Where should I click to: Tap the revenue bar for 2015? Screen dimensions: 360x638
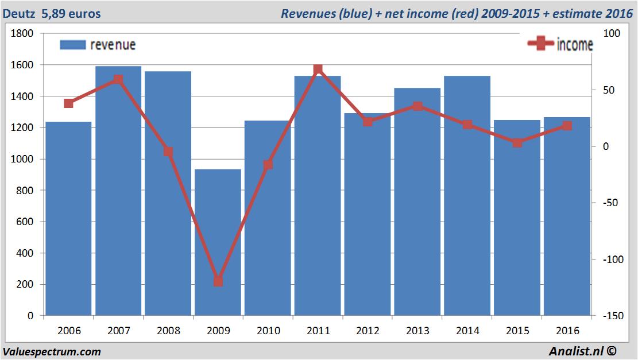[x=517, y=218]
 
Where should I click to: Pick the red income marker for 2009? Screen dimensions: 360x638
[x=218, y=281]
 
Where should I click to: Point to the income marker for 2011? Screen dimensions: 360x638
[x=318, y=69]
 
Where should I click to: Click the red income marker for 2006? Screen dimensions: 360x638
[x=69, y=103]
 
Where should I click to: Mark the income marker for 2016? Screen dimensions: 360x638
[x=567, y=126]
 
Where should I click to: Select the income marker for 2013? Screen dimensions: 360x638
[x=417, y=106]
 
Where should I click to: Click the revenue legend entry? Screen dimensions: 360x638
[x=98, y=45]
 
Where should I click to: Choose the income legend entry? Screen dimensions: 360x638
[x=560, y=45]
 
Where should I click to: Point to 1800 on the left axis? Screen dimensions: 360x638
[x=22, y=34]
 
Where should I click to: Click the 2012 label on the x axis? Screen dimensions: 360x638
[x=368, y=331]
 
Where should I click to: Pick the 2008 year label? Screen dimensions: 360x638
[x=168, y=331]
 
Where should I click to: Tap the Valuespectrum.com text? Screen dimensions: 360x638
[x=52, y=351]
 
